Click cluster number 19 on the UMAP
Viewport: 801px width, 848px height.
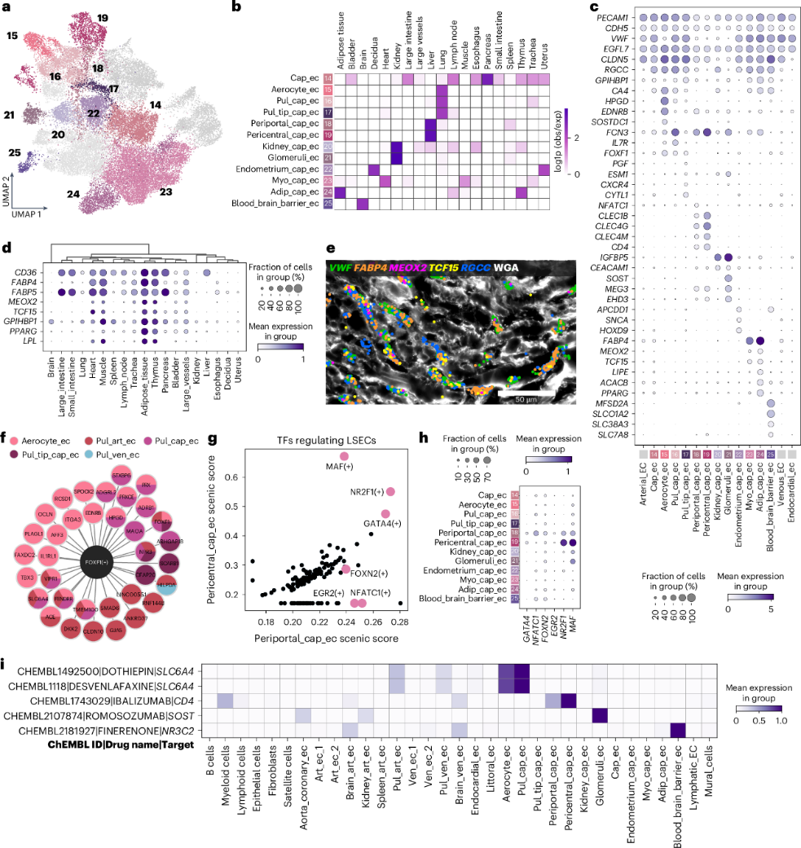pos(102,18)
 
